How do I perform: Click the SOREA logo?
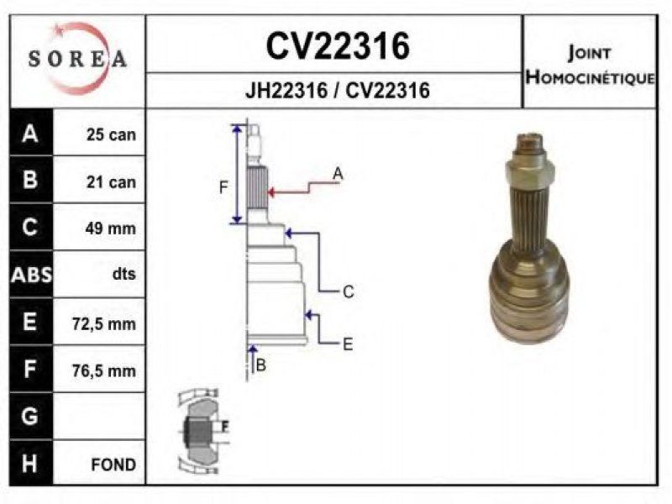coord(77,59)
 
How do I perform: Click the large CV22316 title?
coord(338,46)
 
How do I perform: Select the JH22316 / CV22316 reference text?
coord(338,91)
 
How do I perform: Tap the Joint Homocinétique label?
coord(590,65)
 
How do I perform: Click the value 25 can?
coord(111,134)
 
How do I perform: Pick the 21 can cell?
coord(111,182)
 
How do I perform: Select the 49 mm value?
coord(110,228)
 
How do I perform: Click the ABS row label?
coord(31,275)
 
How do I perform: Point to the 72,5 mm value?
coord(103,324)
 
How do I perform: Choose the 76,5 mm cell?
coord(103,370)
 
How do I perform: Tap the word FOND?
coord(113,465)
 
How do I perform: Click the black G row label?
coord(30,417)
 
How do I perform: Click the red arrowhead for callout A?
coord(271,192)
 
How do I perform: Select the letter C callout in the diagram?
coord(349,291)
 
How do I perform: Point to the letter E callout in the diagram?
coord(348,344)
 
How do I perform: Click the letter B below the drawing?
coord(261,365)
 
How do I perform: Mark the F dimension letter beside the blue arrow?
coord(223,187)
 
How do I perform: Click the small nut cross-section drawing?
coord(203,432)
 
